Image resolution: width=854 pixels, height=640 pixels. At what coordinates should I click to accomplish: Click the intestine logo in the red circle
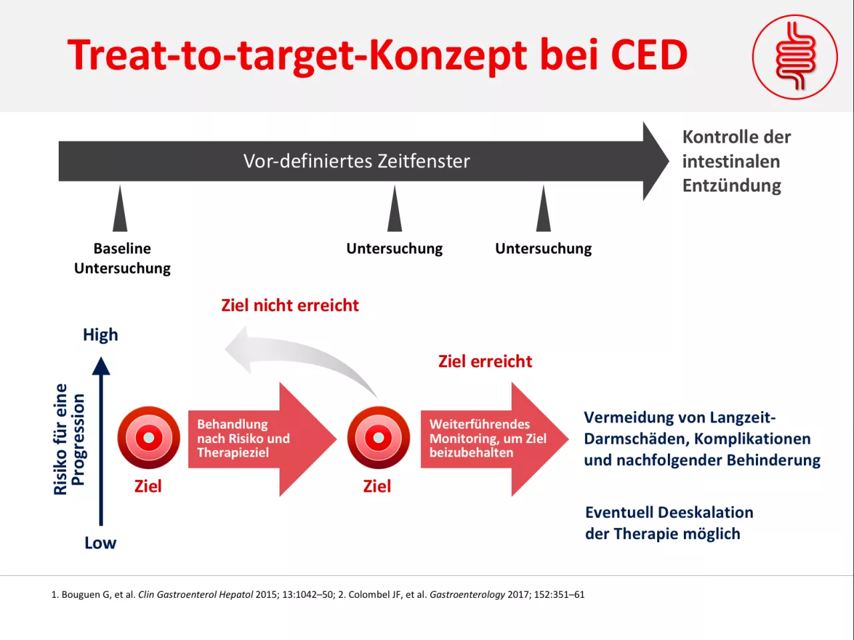tap(795, 57)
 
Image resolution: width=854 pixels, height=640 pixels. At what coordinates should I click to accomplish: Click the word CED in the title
tap(649, 55)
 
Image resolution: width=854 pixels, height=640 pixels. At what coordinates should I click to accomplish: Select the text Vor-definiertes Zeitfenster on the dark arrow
tap(357, 161)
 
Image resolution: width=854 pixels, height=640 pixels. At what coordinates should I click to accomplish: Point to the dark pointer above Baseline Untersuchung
tap(120, 208)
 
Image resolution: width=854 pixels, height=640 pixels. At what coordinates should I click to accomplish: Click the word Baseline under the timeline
tap(122, 248)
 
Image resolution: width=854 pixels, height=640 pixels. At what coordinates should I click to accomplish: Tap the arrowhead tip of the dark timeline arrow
tap(669, 161)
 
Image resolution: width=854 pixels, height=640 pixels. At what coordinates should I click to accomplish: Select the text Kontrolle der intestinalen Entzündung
tap(737, 161)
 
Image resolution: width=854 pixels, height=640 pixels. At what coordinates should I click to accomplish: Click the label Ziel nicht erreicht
tap(290, 306)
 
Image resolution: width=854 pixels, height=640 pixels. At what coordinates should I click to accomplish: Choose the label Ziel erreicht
tap(485, 362)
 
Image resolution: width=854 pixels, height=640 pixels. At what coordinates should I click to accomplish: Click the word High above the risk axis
tap(100, 335)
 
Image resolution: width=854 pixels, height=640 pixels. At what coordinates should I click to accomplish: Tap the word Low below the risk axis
tap(100, 543)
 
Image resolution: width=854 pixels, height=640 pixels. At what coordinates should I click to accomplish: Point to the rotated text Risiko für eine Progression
tap(69, 439)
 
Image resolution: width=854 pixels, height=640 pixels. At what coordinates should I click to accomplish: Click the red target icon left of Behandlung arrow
tap(149, 438)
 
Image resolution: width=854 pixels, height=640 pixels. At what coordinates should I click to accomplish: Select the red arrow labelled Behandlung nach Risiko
tap(262, 439)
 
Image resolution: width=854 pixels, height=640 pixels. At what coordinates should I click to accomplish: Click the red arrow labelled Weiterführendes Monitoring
tap(494, 439)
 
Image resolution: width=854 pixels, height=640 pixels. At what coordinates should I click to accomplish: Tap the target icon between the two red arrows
tap(378, 438)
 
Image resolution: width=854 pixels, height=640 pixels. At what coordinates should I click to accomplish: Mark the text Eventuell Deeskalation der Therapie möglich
tap(669, 523)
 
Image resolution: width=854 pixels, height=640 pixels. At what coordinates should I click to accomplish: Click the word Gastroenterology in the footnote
tap(467, 595)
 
